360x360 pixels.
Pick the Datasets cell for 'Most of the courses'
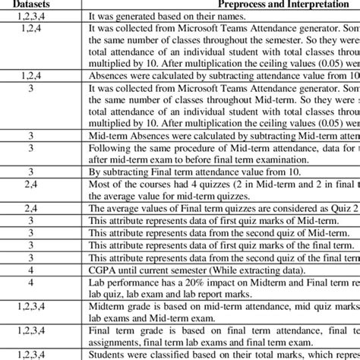pos(31,185)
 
